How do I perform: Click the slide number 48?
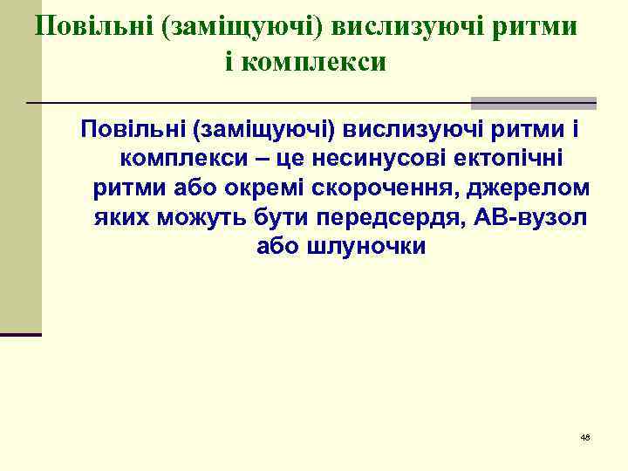(585, 436)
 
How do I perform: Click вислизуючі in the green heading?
(423, 26)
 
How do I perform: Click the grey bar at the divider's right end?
(534, 102)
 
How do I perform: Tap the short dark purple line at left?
(21, 335)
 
